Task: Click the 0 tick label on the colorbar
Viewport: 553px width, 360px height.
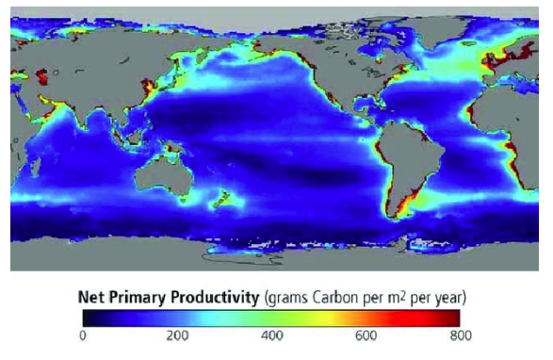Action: tap(83, 335)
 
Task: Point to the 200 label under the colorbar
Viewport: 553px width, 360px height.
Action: tap(177, 335)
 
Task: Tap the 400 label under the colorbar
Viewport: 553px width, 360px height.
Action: tap(271, 335)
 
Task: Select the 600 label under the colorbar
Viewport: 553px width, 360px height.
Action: tap(366, 335)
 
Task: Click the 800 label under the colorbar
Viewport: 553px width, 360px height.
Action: tap(460, 335)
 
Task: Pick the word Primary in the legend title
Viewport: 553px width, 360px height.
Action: tap(137, 298)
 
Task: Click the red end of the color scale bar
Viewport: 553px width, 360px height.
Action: tap(456, 316)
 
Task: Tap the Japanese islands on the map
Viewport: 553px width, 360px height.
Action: tap(141, 90)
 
